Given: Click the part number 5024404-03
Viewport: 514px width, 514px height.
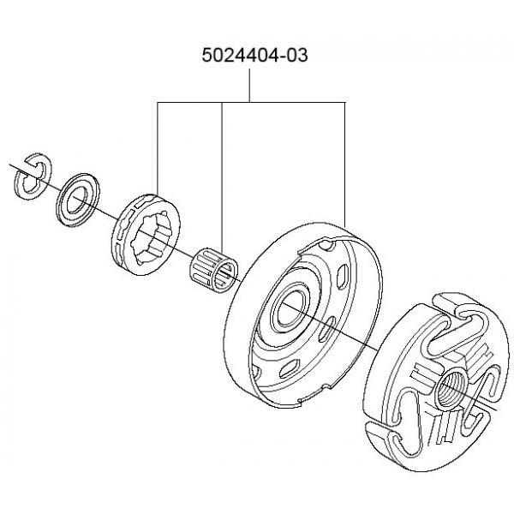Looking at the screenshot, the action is [x=254, y=55].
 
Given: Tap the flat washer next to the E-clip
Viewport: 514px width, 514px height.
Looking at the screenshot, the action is [x=78, y=199].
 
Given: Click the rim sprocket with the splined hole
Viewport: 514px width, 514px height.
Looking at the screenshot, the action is [x=146, y=234].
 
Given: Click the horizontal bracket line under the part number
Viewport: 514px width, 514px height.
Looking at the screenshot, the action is [x=251, y=103].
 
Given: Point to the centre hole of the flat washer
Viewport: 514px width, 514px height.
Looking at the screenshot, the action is [x=77, y=199].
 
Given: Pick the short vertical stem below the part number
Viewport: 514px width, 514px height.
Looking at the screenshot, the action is [x=250, y=86].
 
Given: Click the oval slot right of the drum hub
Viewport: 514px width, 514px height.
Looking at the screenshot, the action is [x=326, y=330].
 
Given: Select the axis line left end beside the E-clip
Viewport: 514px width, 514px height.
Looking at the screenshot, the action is [x=9, y=164].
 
